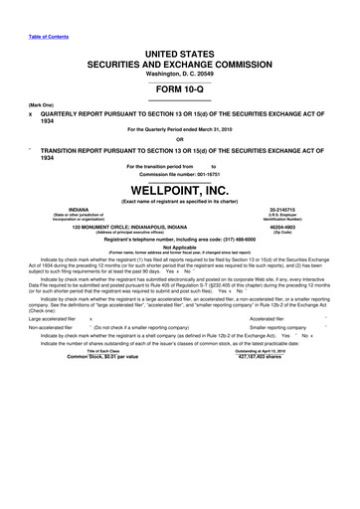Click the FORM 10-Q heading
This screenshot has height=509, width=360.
point(180,86)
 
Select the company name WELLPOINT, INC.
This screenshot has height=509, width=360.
point(180,189)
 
